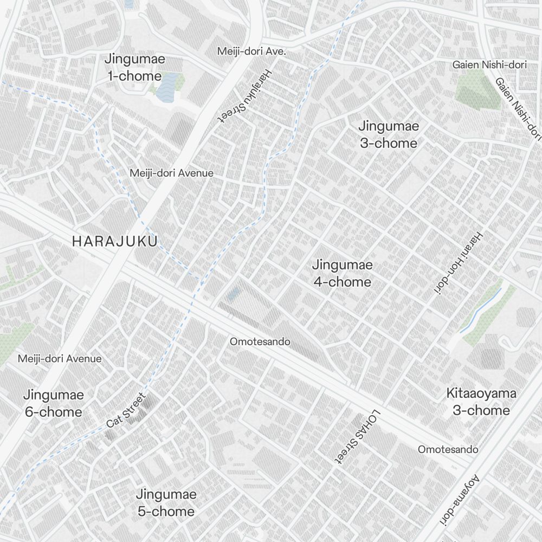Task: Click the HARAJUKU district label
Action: [x=114, y=241]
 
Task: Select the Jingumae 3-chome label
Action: [x=389, y=134]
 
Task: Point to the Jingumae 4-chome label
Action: [x=342, y=273]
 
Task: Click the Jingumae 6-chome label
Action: [x=53, y=403]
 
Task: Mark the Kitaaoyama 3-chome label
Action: [x=481, y=402]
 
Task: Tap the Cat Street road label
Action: [x=126, y=410]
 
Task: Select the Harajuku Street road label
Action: [x=246, y=97]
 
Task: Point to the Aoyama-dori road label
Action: [x=459, y=500]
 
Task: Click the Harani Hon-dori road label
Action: [x=458, y=263]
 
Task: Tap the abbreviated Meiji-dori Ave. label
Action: [x=251, y=51]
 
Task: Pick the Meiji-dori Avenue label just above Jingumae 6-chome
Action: [x=60, y=358]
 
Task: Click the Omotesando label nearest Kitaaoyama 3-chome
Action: [x=448, y=449]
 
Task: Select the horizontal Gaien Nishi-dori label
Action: [x=489, y=65]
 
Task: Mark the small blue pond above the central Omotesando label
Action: [x=234, y=294]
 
